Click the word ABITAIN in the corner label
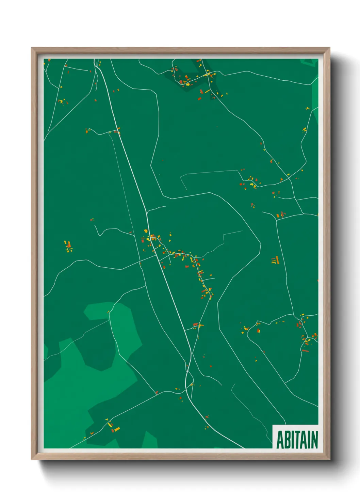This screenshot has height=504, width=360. pyautogui.click(x=297, y=440)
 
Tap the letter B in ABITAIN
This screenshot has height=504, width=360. pyautogui.click(x=287, y=440)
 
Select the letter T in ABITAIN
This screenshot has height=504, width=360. pyautogui.click(x=297, y=440)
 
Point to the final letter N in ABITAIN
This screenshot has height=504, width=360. pyautogui.click(x=314, y=440)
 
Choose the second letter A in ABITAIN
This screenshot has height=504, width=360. pyautogui.click(x=303, y=440)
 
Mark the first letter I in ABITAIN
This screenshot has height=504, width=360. pyautogui.click(x=292, y=440)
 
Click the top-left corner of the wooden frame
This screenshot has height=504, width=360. pyautogui.click(x=32, y=48)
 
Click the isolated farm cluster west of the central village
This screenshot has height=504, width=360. pyautogui.click(x=68, y=246)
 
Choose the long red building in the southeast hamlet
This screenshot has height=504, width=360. pyautogui.click(x=305, y=350)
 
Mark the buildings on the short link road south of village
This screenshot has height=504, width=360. pyautogui.click(x=197, y=325)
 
